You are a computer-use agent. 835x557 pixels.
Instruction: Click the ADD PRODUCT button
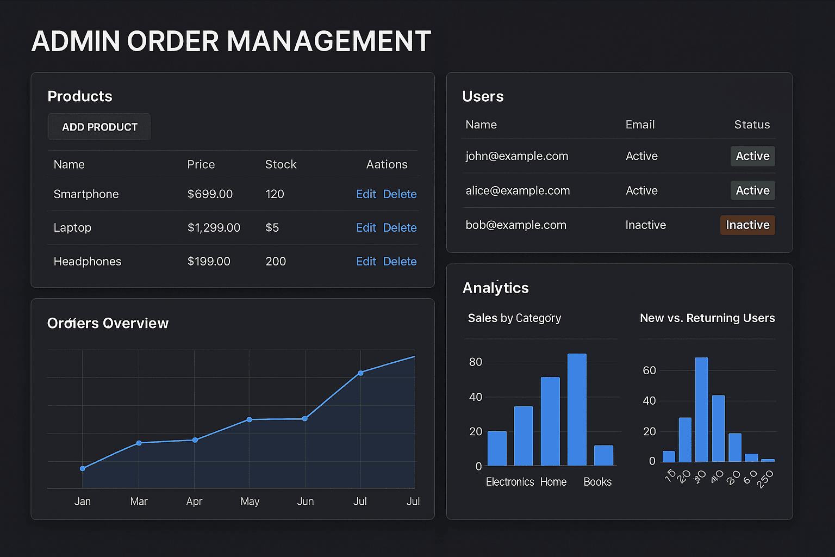click(x=99, y=127)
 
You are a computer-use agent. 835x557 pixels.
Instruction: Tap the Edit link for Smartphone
click(x=366, y=194)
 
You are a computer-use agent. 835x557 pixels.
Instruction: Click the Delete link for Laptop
click(x=400, y=228)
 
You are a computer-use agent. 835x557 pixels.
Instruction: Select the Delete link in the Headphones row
click(x=400, y=262)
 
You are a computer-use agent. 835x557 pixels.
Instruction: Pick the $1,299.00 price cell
click(x=214, y=228)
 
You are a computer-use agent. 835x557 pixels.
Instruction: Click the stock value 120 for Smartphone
click(x=275, y=194)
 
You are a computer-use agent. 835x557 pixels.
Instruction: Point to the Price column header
click(x=201, y=164)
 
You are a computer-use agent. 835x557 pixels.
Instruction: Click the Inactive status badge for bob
click(x=747, y=225)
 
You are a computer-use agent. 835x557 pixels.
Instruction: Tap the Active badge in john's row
click(x=752, y=156)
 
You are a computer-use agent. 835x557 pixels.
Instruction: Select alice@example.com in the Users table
click(x=518, y=191)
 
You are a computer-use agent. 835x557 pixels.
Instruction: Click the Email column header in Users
click(x=640, y=125)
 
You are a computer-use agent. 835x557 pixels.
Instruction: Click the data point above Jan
click(x=83, y=468)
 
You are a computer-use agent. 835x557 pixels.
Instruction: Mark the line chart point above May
click(x=250, y=419)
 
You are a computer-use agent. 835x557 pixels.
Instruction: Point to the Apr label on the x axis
click(x=194, y=502)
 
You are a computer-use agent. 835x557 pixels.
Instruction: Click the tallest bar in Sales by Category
click(x=577, y=410)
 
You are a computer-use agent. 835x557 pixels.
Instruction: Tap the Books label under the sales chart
click(x=597, y=482)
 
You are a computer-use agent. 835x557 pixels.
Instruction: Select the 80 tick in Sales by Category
click(x=476, y=362)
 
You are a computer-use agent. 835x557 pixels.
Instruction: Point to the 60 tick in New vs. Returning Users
click(x=649, y=370)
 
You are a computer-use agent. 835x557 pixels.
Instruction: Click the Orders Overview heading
click(x=108, y=323)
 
